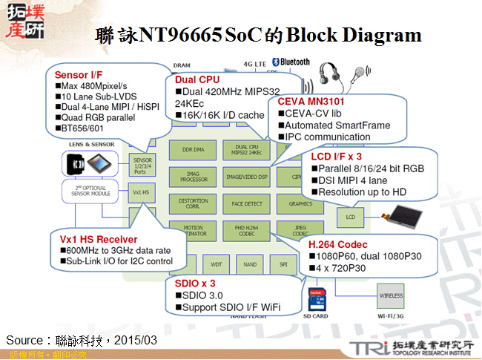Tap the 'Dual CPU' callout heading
click(197, 79)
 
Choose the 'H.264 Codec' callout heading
click(338, 244)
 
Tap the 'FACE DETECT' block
click(247, 203)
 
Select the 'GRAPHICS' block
click(300, 203)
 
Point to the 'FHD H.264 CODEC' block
click(247, 230)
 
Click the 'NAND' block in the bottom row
click(250, 264)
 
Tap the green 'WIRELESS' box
click(391, 295)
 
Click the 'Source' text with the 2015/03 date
click(82, 339)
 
